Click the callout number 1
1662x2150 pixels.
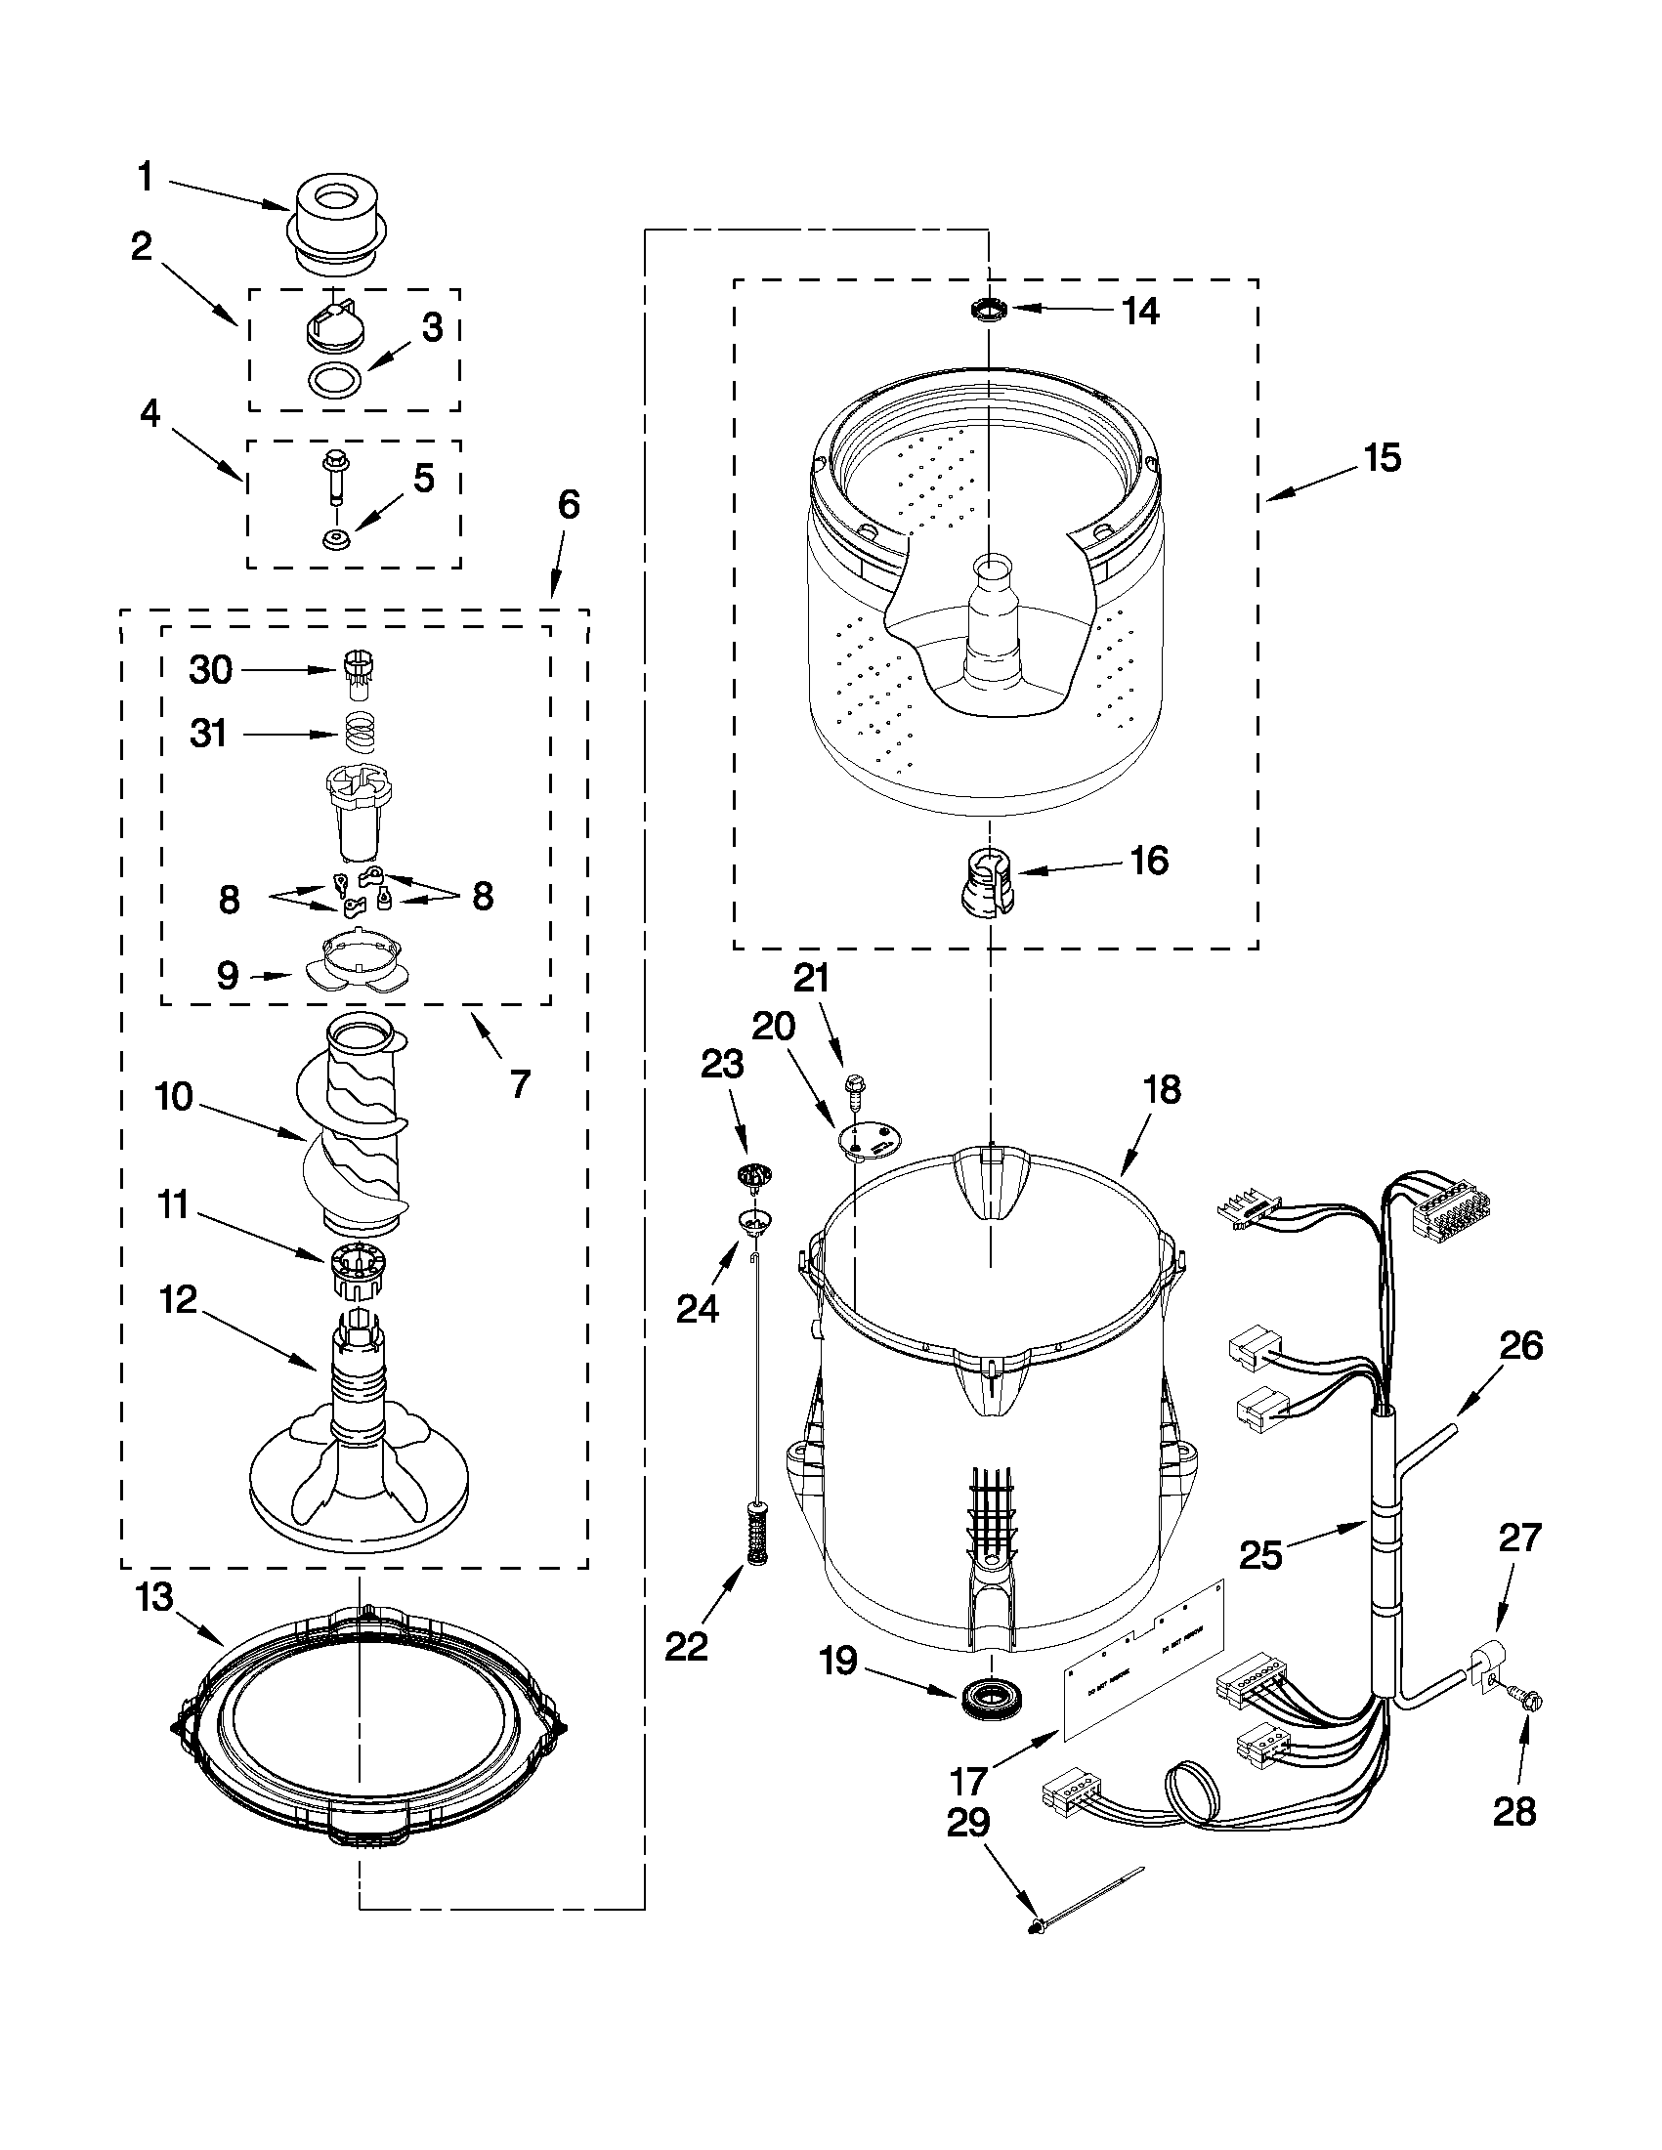tap(145, 178)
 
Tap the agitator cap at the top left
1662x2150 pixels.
tap(337, 222)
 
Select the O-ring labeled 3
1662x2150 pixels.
tap(334, 378)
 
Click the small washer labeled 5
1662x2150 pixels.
tap(337, 538)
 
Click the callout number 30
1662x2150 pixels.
tap(210, 670)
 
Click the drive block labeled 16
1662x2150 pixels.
tap(985, 880)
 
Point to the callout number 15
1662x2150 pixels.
tap(1382, 458)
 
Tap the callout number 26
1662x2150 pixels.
tap(1519, 1346)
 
